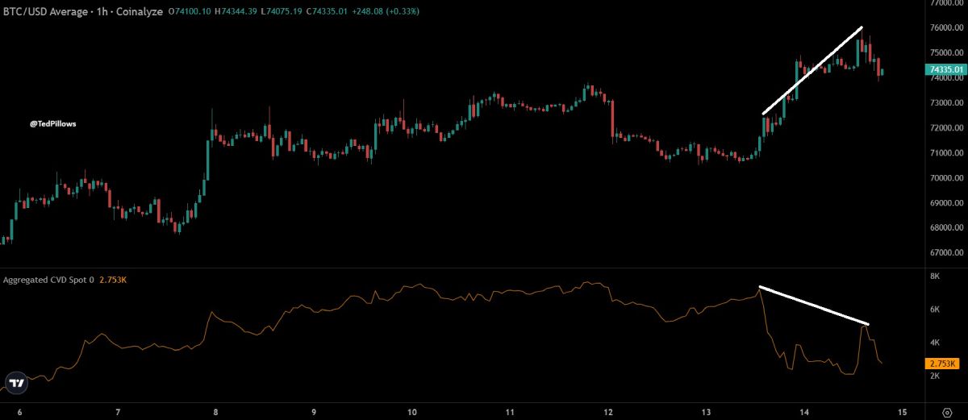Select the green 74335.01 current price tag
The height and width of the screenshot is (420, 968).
coord(945,69)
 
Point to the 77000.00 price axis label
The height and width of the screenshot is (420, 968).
coord(945,3)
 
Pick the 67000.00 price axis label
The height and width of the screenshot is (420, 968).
coord(945,253)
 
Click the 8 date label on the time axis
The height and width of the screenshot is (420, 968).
coord(215,412)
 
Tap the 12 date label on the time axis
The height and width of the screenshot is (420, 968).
coord(607,412)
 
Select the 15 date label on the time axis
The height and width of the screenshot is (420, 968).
coord(901,412)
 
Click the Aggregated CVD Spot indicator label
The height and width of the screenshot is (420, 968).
coord(48,280)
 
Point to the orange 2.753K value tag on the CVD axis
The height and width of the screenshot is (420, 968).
coord(940,364)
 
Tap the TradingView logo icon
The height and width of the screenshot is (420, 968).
coord(15,384)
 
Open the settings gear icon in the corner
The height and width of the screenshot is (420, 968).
coord(947,412)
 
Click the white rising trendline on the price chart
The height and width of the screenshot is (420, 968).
coord(812,71)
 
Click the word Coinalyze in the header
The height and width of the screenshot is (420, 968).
coord(141,11)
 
